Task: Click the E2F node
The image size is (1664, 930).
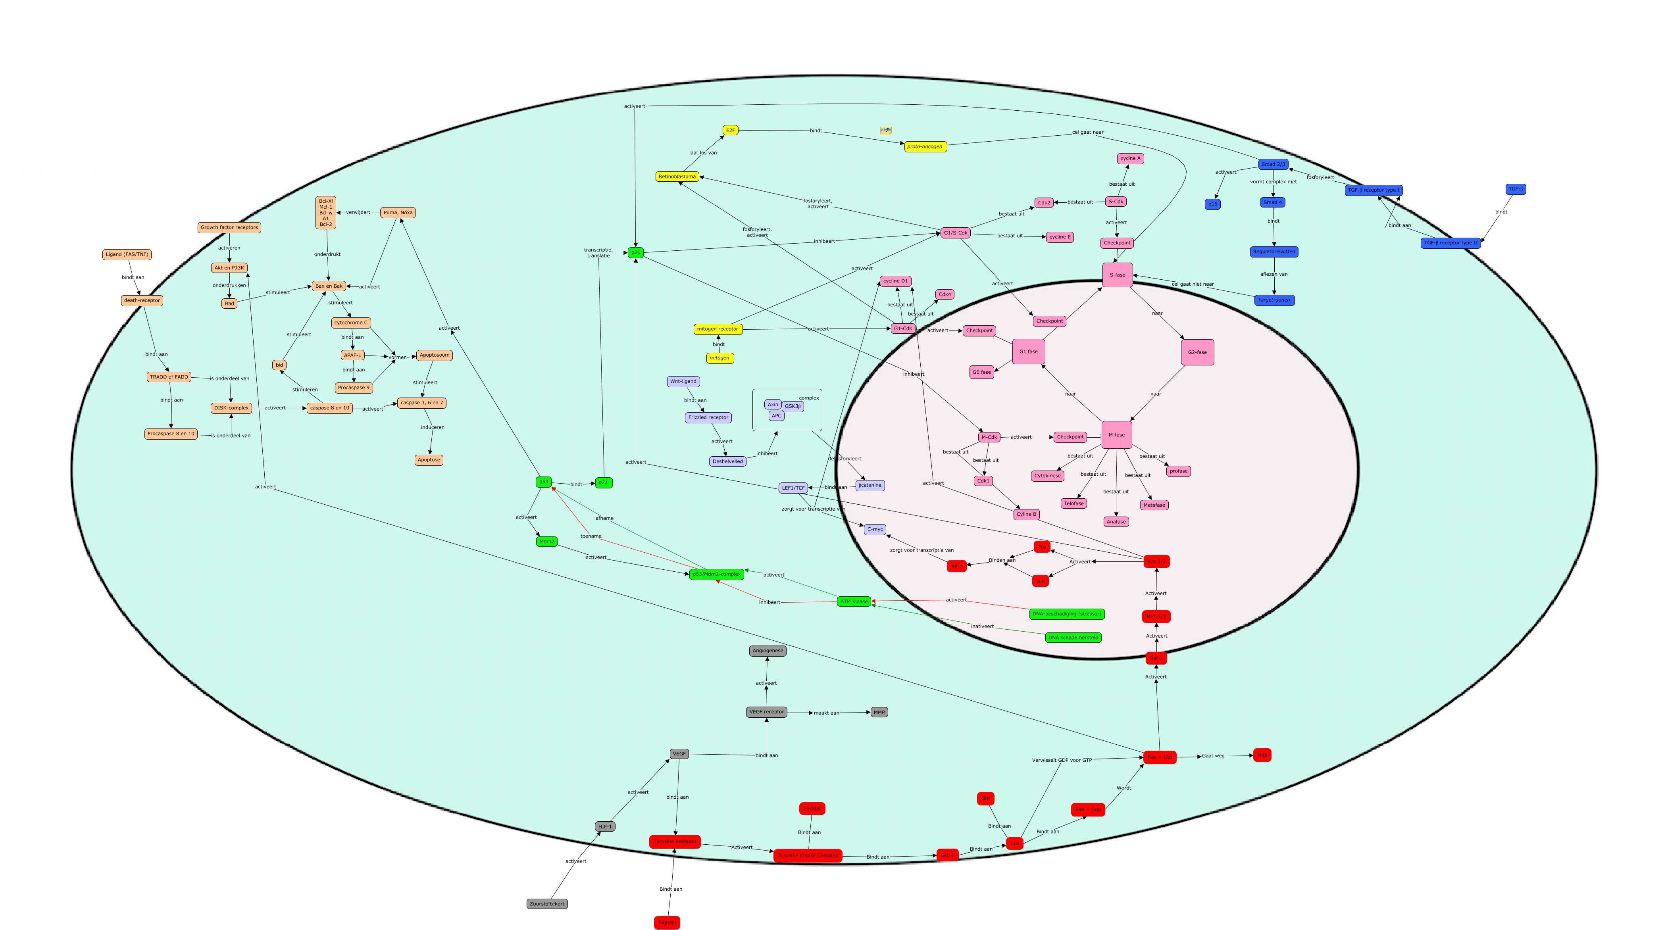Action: [x=730, y=131]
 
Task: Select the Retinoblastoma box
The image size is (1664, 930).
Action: [x=677, y=176]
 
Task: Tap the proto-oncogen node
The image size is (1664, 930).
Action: [x=925, y=147]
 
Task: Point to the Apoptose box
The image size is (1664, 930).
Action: [x=429, y=460]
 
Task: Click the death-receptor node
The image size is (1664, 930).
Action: [x=141, y=300]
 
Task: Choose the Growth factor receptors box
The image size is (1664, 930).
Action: [x=229, y=227]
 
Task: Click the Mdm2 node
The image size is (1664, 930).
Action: [x=546, y=541]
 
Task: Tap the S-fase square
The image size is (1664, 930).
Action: [x=1117, y=275]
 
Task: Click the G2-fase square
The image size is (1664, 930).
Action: [x=1197, y=352]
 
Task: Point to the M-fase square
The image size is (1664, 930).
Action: [x=1116, y=434]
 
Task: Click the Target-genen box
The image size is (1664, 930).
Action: [x=1274, y=300]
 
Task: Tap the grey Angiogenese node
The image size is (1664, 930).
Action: [x=768, y=650]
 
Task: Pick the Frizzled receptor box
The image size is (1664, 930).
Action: [x=708, y=417]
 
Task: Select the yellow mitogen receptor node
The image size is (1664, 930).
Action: [x=718, y=329]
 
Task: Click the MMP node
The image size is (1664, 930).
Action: [x=879, y=712]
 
